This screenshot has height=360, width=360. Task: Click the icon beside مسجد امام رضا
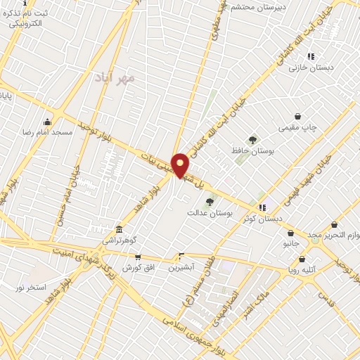pyautogui.click(x=47, y=122)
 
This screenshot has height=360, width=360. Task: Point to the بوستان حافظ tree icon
pyautogui.click(x=252, y=140)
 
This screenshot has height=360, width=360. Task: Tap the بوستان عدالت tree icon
pyautogui.click(x=210, y=202)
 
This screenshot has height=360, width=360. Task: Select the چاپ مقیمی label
pyautogui.click(x=298, y=127)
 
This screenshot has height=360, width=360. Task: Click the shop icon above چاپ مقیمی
pyautogui.click(x=298, y=117)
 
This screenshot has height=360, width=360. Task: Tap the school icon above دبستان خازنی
pyautogui.click(x=311, y=56)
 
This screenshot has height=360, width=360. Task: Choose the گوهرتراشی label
pyautogui.click(x=122, y=240)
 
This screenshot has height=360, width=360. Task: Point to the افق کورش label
pyautogui.click(x=138, y=268)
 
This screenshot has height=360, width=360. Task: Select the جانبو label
pyautogui.click(x=291, y=243)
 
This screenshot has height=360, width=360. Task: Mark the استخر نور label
pyautogui.click(x=32, y=288)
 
